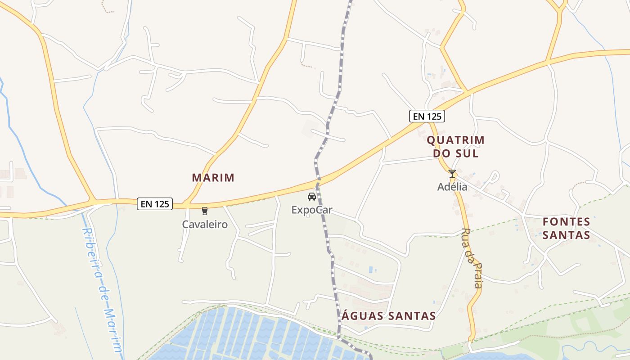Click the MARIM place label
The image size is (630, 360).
213,178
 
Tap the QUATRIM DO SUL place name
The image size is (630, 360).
455,147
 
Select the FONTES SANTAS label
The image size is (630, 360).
566,228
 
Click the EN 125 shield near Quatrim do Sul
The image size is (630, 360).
427,116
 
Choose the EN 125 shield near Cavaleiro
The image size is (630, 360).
155,204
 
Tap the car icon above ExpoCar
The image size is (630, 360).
311,197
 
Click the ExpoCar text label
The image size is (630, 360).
311,210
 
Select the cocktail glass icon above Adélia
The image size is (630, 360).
452,174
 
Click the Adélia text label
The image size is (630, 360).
452,187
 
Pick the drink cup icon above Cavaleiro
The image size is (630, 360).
205,211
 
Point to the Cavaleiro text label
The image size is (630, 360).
205,224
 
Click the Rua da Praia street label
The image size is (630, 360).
472,258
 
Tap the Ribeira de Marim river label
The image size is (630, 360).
102,290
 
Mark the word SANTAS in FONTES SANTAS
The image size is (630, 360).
566,235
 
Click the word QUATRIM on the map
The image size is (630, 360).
455,140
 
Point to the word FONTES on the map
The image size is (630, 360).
566,221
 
